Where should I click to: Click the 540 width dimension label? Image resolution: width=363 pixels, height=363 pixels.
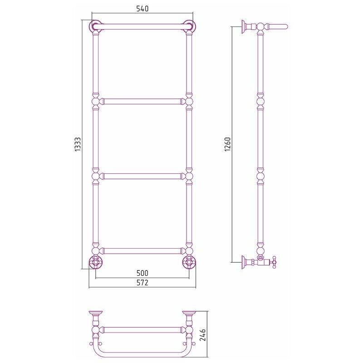[142, 9]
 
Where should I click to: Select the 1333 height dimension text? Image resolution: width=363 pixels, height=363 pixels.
[78, 144]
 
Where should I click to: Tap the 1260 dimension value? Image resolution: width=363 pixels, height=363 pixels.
[228, 144]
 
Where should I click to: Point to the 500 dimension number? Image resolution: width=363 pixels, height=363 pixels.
[142, 273]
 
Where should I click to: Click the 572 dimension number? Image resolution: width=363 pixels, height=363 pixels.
[142, 283]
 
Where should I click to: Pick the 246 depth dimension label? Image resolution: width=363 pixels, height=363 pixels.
[202, 335]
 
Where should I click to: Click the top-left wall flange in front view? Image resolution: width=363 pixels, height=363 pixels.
[95, 26]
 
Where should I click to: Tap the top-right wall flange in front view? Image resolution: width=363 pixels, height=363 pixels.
[190, 26]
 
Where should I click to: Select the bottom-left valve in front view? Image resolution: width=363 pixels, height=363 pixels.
[95, 262]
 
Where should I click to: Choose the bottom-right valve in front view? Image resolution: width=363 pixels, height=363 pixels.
[189, 262]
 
